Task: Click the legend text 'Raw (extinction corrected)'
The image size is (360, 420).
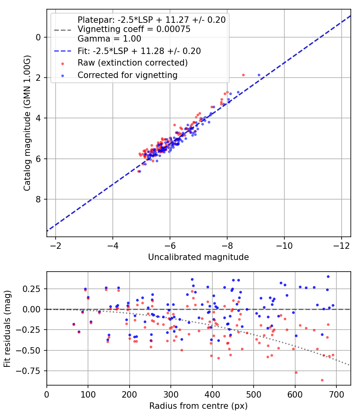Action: tap(132, 63)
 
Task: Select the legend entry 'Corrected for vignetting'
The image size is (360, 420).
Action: tap(127, 75)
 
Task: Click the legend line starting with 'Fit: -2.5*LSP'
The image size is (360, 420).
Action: tap(139, 51)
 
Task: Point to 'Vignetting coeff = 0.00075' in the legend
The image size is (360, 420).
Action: tap(134, 29)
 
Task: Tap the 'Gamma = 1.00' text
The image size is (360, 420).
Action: tap(109, 39)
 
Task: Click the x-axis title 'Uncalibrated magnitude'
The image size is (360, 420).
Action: tap(198, 257)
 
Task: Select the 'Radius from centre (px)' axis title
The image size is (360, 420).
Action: tap(198, 406)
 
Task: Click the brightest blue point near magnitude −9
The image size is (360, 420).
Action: tap(259, 75)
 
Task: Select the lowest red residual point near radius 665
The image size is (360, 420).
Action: tap(322, 380)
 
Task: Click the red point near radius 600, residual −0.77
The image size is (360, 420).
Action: tap(296, 372)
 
